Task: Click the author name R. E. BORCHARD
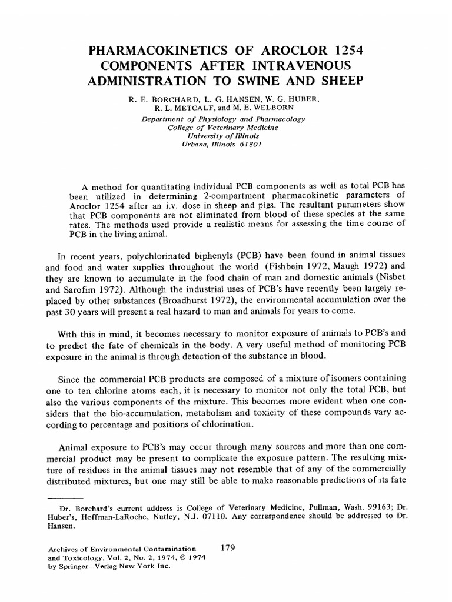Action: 158,101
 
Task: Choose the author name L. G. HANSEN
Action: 224,101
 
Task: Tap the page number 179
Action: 227,547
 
